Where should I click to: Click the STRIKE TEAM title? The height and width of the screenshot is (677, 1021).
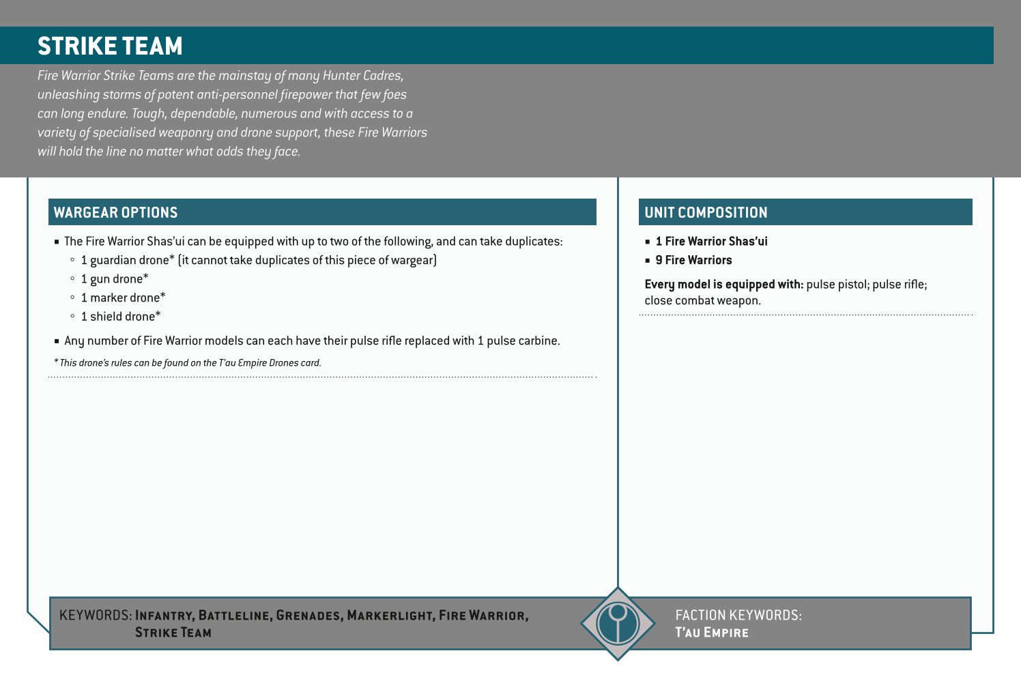point(110,46)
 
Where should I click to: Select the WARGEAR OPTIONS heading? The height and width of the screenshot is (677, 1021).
point(115,212)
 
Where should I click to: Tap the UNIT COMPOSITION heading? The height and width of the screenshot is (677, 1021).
point(706,212)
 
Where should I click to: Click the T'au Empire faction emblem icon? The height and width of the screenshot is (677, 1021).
point(618,623)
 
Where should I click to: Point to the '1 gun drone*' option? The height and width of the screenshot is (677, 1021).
point(114,279)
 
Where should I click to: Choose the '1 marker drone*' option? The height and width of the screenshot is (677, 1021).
point(123,298)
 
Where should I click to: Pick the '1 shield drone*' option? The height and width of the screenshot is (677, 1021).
point(121,317)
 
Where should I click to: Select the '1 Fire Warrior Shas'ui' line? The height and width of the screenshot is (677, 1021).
point(711,242)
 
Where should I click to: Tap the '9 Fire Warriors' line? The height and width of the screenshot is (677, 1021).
point(693,260)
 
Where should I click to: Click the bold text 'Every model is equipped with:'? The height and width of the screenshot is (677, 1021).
point(723,285)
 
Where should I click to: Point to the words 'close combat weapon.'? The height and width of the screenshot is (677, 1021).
point(702,300)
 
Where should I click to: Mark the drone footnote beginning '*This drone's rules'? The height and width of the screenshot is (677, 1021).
point(187,363)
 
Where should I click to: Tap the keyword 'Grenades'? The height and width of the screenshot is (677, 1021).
point(308,616)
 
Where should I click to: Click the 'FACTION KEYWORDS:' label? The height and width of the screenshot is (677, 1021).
point(738,615)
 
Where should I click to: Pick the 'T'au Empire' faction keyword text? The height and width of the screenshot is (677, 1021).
point(711,633)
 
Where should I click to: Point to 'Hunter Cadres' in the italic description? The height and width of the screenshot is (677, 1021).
point(362,76)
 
